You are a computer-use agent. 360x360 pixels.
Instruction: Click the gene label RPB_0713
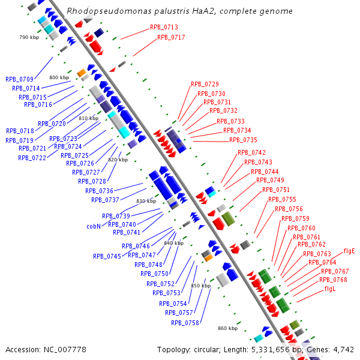click(164, 27)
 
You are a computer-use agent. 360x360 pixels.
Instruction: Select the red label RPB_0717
click(171, 37)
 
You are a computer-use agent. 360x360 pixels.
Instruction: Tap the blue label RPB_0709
click(19, 79)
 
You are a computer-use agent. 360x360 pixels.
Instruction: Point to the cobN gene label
click(93, 227)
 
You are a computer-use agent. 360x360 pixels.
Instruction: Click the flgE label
click(349, 251)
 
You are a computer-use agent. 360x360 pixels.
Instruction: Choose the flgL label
click(330, 289)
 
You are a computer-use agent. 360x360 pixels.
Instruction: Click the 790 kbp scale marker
click(29, 37)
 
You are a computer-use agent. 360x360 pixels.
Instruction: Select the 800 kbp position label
click(59, 77)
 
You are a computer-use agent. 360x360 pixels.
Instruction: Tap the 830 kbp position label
click(146, 201)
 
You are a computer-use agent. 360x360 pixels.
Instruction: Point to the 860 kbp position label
click(227, 328)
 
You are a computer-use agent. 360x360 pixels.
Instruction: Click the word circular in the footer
click(211, 349)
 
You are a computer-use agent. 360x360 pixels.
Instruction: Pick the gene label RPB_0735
click(243, 140)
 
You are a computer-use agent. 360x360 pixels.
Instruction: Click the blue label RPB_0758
click(185, 323)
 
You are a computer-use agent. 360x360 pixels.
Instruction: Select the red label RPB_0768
click(333, 280)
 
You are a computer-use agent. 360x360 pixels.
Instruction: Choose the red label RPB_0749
click(270, 180)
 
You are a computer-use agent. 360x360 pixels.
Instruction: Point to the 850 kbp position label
click(200, 286)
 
